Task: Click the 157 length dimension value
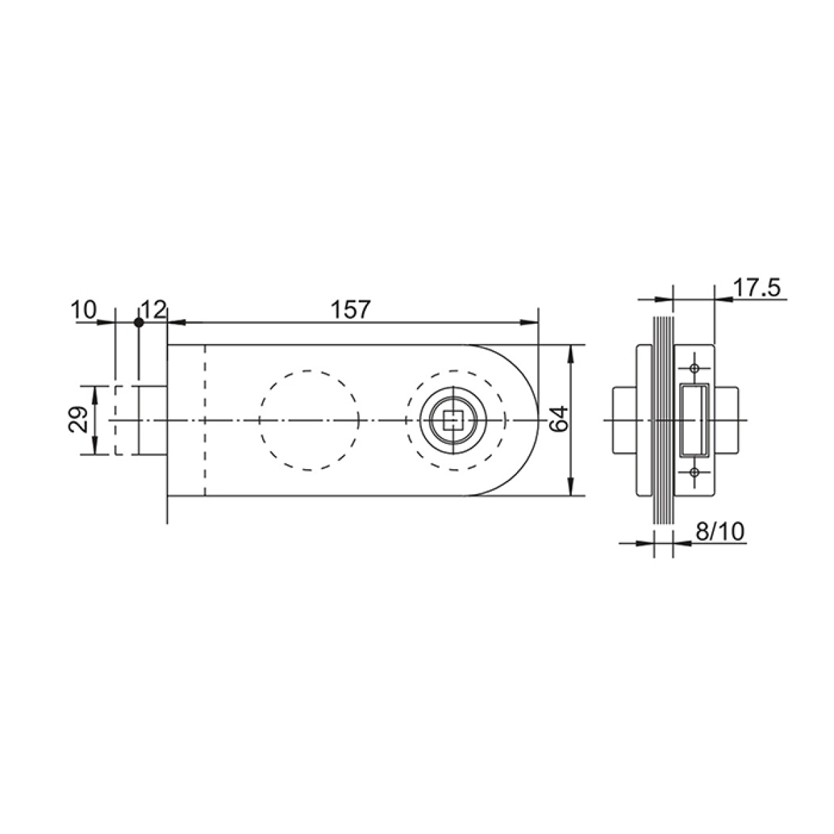click(x=350, y=310)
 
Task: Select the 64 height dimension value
click(x=560, y=418)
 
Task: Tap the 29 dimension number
click(x=79, y=419)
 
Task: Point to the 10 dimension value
click(x=84, y=310)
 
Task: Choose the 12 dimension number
click(x=153, y=310)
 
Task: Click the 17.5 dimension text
click(x=757, y=288)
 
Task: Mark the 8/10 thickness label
click(x=720, y=531)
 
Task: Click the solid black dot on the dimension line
click(x=138, y=322)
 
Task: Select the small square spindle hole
click(x=453, y=420)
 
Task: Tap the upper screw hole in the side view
click(x=694, y=369)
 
